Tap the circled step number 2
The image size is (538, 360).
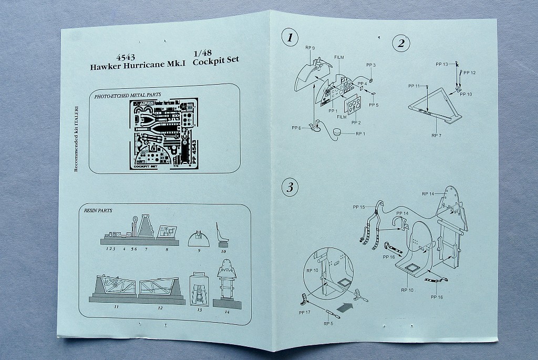[401, 43]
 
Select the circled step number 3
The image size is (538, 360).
[289, 187]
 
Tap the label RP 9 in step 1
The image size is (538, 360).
[310, 48]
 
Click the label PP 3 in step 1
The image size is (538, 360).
[371, 65]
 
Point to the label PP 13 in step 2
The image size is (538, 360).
[442, 64]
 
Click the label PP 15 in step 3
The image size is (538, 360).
[359, 207]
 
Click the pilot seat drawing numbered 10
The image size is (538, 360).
[223, 234]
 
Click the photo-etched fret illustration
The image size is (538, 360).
[163, 133]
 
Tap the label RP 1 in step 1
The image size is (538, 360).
[361, 133]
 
